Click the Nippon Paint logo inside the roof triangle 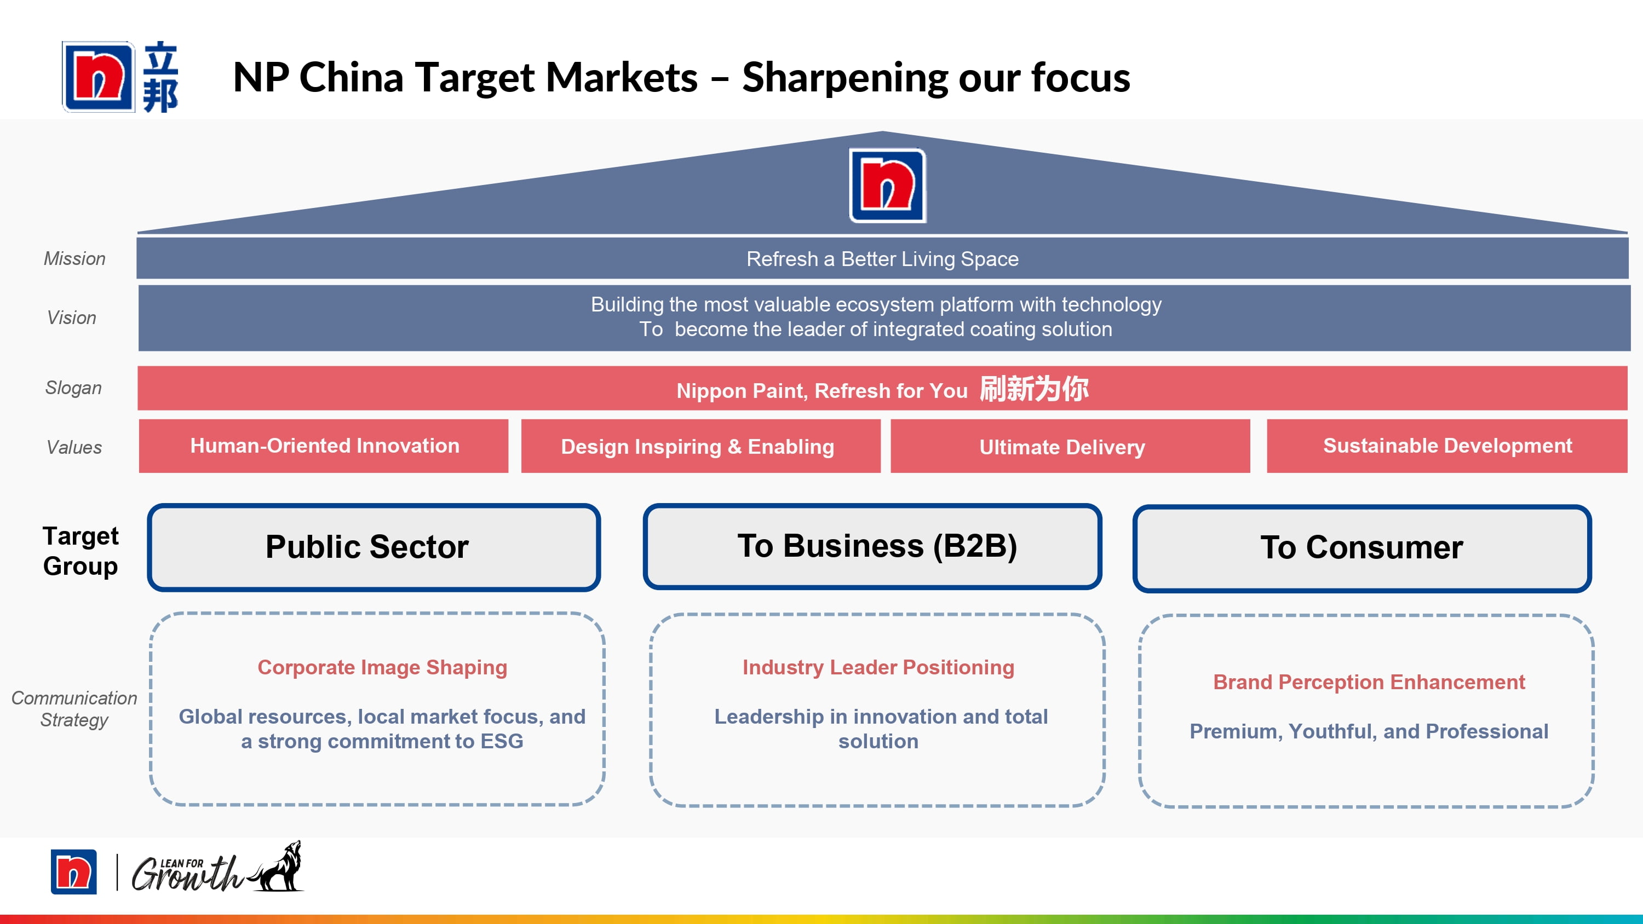coord(887,185)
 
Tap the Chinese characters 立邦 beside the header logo coord(160,77)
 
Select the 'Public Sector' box coord(374,547)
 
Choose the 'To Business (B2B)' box coord(872,546)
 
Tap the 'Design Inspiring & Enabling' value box coord(700,446)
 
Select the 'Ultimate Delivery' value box coord(1070,446)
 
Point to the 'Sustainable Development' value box coord(1446,446)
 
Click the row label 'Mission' coord(74,258)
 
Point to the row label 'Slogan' coord(73,388)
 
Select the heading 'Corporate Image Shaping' coord(382,667)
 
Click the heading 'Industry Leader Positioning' coord(878,667)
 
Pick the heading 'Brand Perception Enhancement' coord(1369,682)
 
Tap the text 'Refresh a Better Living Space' coord(882,259)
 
